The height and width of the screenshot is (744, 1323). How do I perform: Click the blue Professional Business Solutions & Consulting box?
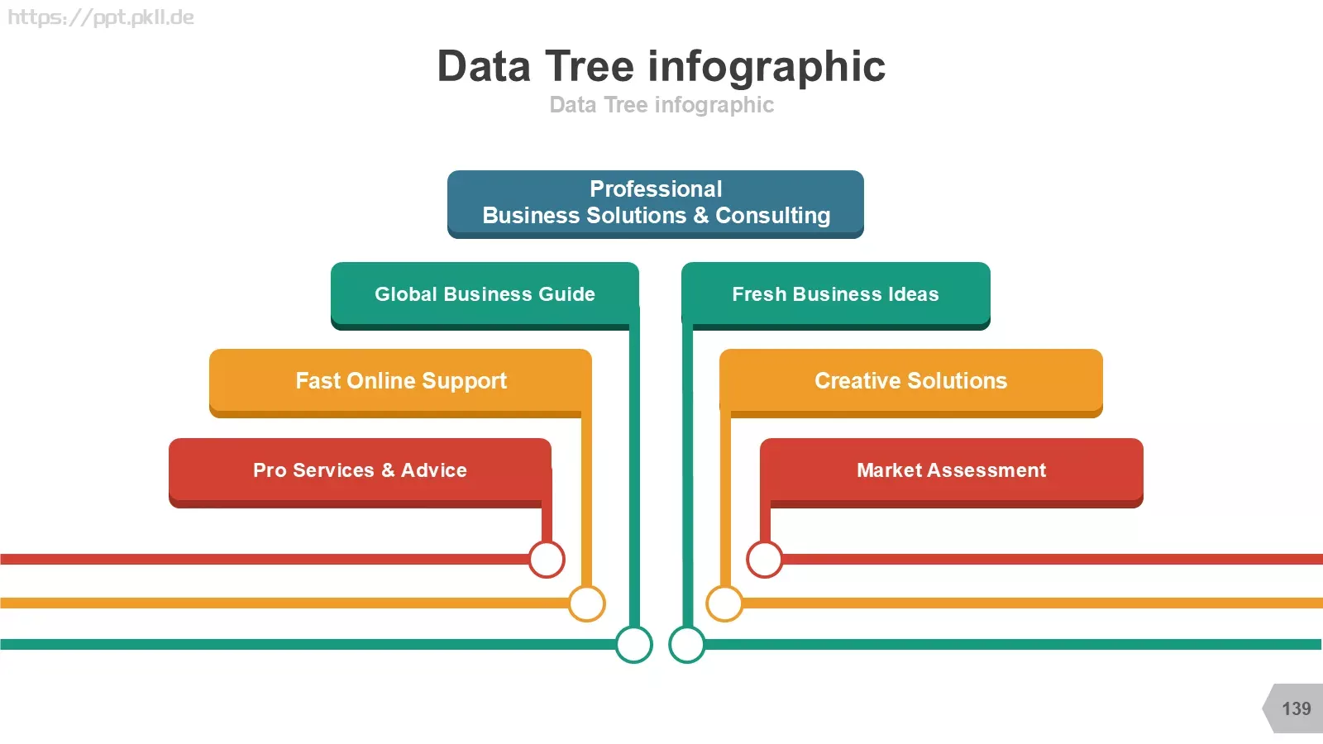(x=656, y=204)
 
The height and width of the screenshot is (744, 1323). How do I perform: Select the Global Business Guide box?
(x=485, y=296)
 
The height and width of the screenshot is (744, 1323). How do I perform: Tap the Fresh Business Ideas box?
(x=836, y=296)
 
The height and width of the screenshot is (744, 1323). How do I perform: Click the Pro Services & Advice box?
(x=361, y=472)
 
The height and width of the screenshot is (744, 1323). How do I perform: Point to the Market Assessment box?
(x=952, y=472)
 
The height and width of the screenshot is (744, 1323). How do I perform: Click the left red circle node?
(x=547, y=559)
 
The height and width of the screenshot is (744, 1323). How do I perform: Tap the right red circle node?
(x=765, y=559)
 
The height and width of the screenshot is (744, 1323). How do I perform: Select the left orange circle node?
(x=586, y=603)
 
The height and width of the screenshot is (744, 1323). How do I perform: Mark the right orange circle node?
(x=724, y=603)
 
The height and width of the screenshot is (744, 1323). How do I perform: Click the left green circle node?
(x=633, y=644)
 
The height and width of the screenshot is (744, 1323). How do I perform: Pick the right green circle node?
(x=687, y=644)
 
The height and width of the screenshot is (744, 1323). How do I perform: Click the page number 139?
(x=1296, y=708)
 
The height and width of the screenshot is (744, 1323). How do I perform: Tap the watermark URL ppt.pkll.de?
(x=100, y=17)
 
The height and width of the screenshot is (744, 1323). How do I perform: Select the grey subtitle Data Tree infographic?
(x=661, y=105)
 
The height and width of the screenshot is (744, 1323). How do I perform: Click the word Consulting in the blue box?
(x=772, y=216)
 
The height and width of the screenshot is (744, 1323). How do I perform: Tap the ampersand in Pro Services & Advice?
(x=388, y=470)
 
